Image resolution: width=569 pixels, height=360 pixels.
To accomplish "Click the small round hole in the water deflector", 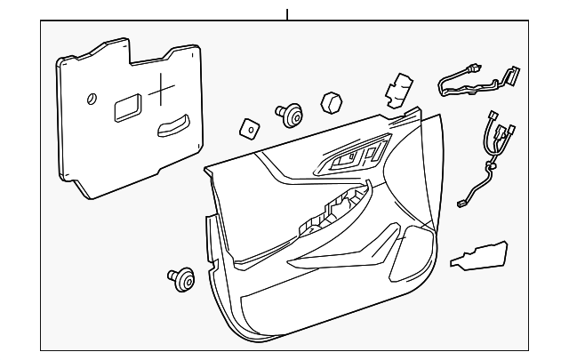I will coord(92,100).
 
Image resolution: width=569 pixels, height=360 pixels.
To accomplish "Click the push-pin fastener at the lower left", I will coord(183,280).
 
